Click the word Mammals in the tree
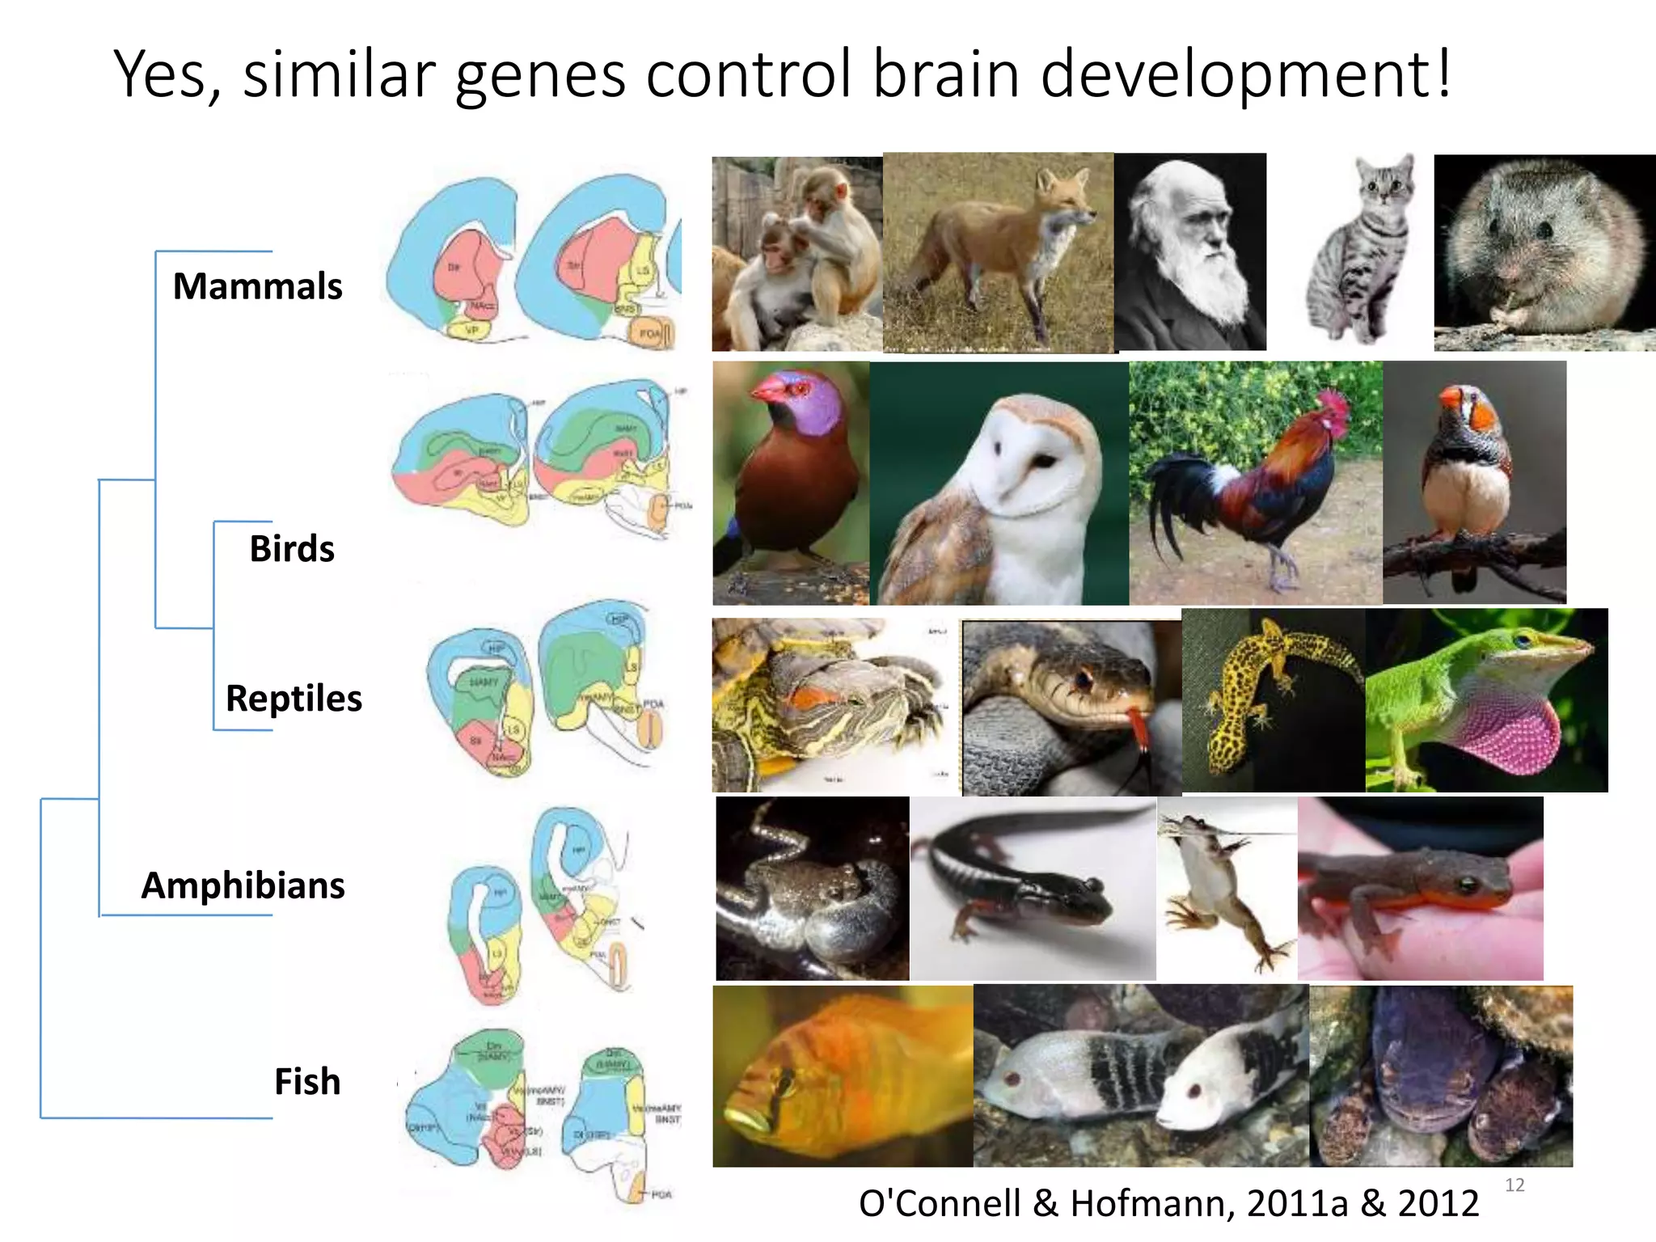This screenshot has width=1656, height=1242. tap(257, 286)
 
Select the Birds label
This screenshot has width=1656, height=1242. tap(291, 548)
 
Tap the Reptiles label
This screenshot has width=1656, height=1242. tap(294, 698)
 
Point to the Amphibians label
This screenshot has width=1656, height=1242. tap(243, 885)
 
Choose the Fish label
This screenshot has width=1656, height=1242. tap(307, 1081)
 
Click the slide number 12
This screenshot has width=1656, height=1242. tap(1514, 1185)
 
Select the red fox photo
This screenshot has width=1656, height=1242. tap(999, 252)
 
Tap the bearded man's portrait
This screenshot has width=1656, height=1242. tap(1189, 252)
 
